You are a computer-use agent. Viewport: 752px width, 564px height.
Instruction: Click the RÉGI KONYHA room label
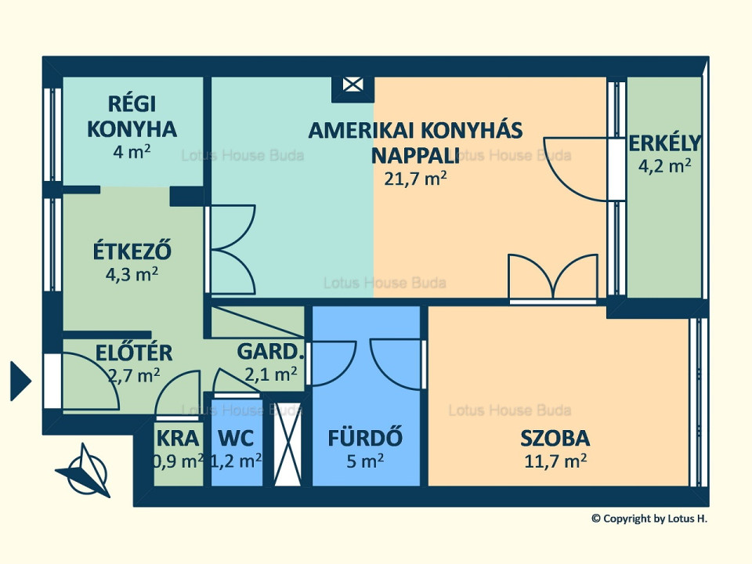point(132,117)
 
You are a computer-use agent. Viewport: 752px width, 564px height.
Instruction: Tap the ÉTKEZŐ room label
point(132,251)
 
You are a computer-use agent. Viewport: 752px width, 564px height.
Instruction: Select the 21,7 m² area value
point(415,179)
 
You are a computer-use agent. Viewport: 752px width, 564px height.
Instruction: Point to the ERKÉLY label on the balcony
point(665,143)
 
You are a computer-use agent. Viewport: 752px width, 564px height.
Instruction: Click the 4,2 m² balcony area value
point(664,166)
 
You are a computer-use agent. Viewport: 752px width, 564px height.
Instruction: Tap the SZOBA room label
point(555,439)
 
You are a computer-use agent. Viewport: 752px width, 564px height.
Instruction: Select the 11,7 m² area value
point(555,461)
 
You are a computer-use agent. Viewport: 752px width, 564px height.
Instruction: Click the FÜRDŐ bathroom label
point(365,438)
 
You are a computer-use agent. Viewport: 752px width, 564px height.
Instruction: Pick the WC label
point(236,439)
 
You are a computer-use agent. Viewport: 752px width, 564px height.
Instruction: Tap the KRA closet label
point(178,439)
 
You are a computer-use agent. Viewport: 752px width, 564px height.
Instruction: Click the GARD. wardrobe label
point(271,352)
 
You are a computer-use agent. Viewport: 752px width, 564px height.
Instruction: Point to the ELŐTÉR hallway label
point(134,352)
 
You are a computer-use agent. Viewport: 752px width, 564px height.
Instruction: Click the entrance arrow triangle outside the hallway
point(20,381)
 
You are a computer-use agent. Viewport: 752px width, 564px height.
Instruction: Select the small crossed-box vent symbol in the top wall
point(352,85)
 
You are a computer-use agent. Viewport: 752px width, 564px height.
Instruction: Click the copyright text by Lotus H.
point(649,519)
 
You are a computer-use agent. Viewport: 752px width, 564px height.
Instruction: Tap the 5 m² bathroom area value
point(365,461)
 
